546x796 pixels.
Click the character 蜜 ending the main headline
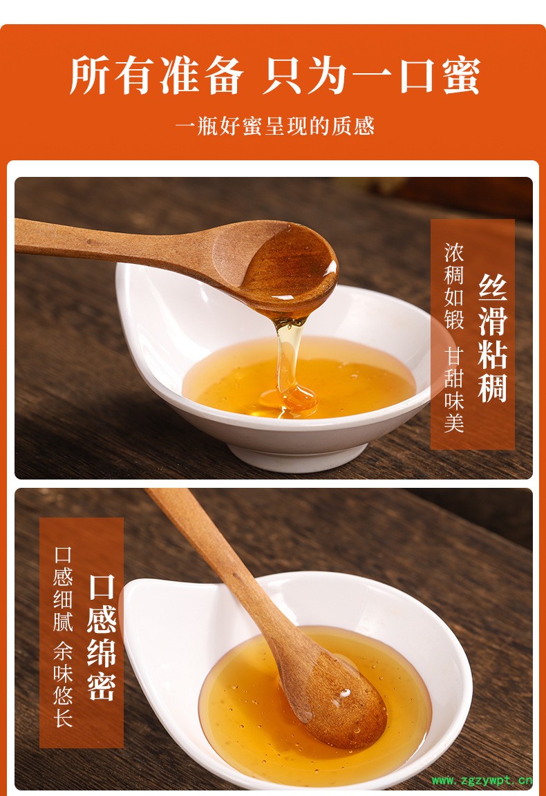(x=461, y=77)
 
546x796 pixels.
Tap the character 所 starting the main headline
(x=89, y=77)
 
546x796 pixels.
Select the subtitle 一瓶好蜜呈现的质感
(x=275, y=126)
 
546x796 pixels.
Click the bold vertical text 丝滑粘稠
(x=493, y=339)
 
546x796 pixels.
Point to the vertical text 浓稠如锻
(x=454, y=286)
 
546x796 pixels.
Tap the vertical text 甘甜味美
(x=454, y=390)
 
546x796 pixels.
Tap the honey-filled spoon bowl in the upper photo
(x=290, y=267)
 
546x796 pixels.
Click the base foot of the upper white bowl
(x=298, y=455)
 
